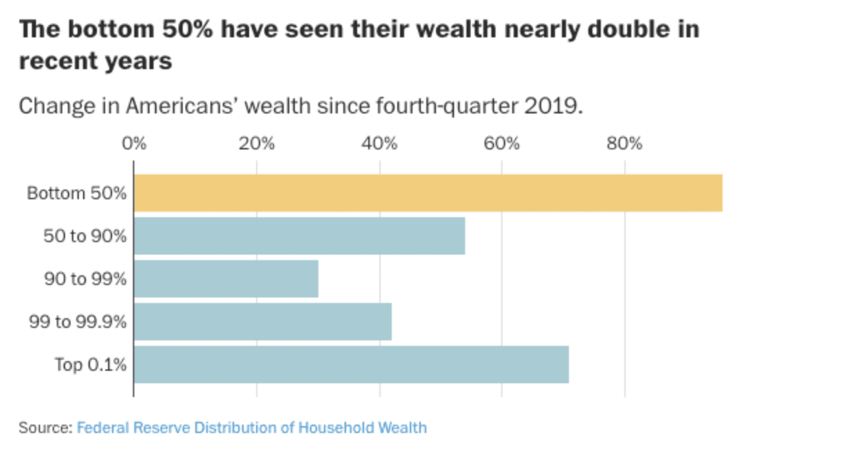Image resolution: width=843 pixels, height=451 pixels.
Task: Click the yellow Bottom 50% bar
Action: [428, 193]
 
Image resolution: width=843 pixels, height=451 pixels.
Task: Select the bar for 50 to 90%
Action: [299, 236]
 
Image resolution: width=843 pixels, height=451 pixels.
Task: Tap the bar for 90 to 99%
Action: [226, 279]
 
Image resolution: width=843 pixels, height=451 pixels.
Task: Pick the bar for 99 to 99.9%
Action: [262, 322]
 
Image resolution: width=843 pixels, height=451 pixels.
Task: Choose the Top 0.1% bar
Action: [351, 365]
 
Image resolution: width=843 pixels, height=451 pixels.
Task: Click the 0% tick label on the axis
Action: [134, 145]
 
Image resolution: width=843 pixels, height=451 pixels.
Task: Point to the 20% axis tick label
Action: [257, 145]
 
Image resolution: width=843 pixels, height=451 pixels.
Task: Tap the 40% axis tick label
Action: [379, 145]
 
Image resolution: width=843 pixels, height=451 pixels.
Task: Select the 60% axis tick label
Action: [502, 145]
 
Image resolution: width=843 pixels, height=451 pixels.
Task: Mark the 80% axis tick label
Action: [624, 145]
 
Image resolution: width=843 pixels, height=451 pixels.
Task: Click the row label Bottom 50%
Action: [77, 193]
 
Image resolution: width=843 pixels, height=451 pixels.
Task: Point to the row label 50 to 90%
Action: [85, 236]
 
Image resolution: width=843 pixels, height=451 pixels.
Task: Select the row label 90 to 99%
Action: [85, 279]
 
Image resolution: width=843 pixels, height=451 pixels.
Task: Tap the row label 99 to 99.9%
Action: [78, 322]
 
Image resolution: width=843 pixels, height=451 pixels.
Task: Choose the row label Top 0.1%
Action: [91, 365]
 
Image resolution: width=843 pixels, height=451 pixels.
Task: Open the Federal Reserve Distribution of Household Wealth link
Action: [251, 427]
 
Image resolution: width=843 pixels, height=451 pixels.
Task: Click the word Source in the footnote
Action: [44, 427]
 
